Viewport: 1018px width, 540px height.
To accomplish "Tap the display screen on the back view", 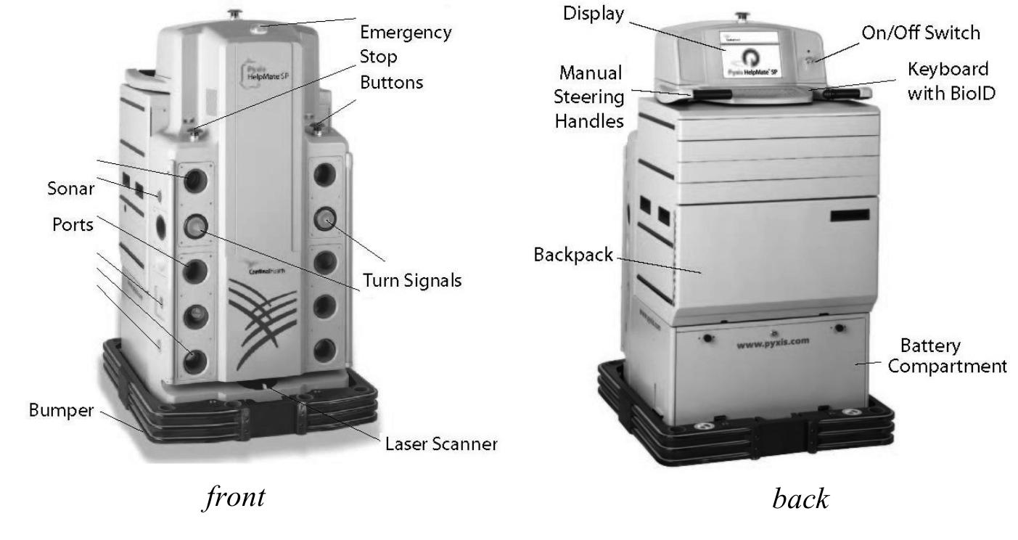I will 760,60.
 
